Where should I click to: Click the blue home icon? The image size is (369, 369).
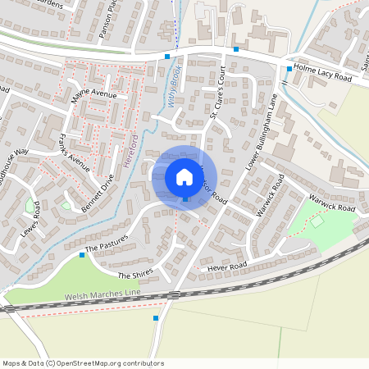pyautogui.click(x=184, y=177)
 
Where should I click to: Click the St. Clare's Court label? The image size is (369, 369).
pyautogui.click(x=216, y=95)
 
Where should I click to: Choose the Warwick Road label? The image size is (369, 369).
pyautogui.click(x=331, y=203)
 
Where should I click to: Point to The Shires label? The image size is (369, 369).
pyautogui.click(x=135, y=276)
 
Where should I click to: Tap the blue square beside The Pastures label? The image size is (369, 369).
pyautogui.click(x=82, y=255)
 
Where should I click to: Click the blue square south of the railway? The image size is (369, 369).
pyautogui.click(x=156, y=317)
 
